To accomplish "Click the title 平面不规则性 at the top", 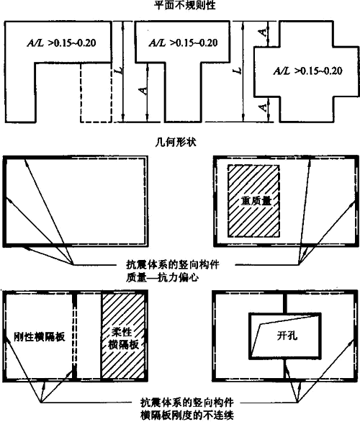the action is (185, 5).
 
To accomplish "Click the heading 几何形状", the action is (176, 142).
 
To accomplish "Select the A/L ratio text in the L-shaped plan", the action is (61, 43).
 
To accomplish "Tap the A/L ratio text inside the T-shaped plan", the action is (183, 42).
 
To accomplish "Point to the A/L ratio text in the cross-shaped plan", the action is (308, 71).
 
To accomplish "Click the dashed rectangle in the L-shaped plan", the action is (96, 93).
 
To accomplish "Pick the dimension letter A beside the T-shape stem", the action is (143, 91).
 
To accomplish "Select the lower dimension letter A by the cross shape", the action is (263, 107).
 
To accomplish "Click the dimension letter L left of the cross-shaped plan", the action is (238, 71).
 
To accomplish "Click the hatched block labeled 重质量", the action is (253, 201).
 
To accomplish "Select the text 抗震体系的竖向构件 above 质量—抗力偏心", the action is (173, 264).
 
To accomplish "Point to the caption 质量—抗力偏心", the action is (163, 277).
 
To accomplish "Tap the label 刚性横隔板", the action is (40, 337).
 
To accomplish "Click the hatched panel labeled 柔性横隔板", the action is (124, 337).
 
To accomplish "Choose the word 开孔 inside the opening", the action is (287, 336).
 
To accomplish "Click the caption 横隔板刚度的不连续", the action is (187, 416).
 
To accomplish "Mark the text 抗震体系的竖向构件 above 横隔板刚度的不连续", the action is (187, 403).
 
